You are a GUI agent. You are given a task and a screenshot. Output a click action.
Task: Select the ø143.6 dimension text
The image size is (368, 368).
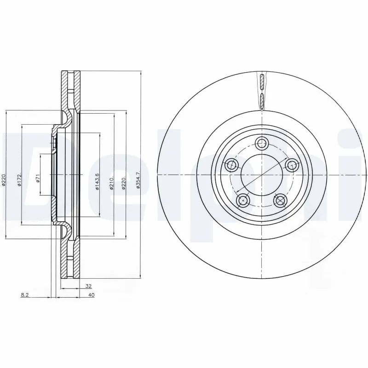click(98, 181)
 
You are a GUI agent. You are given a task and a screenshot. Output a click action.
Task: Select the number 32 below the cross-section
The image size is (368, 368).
click(88, 286)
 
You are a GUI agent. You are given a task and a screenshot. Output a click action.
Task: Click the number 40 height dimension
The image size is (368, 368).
click(92, 296)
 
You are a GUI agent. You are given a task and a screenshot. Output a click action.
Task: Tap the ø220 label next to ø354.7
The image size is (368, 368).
click(124, 181)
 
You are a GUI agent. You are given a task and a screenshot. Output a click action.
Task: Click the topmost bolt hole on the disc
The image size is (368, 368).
click(262, 143)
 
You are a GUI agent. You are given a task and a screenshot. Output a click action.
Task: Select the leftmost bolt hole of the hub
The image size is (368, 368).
click(231, 165)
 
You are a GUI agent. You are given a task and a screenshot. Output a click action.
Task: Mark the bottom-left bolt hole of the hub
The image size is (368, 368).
click(243, 200)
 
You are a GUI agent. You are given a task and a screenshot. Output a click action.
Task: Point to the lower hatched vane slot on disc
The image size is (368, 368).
click(261, 99)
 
